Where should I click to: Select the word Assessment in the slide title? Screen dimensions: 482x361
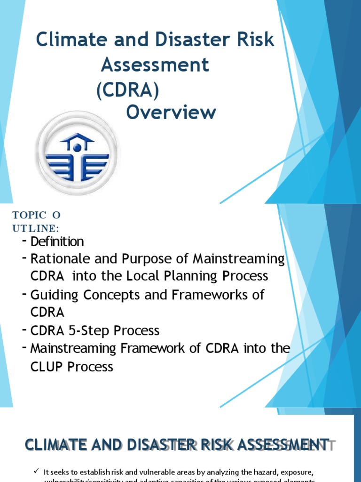[155, 65]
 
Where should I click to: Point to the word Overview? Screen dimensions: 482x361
[171, 112]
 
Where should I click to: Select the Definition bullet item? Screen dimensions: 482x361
[57, 242]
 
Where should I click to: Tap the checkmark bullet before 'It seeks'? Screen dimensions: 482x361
[37, 472]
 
